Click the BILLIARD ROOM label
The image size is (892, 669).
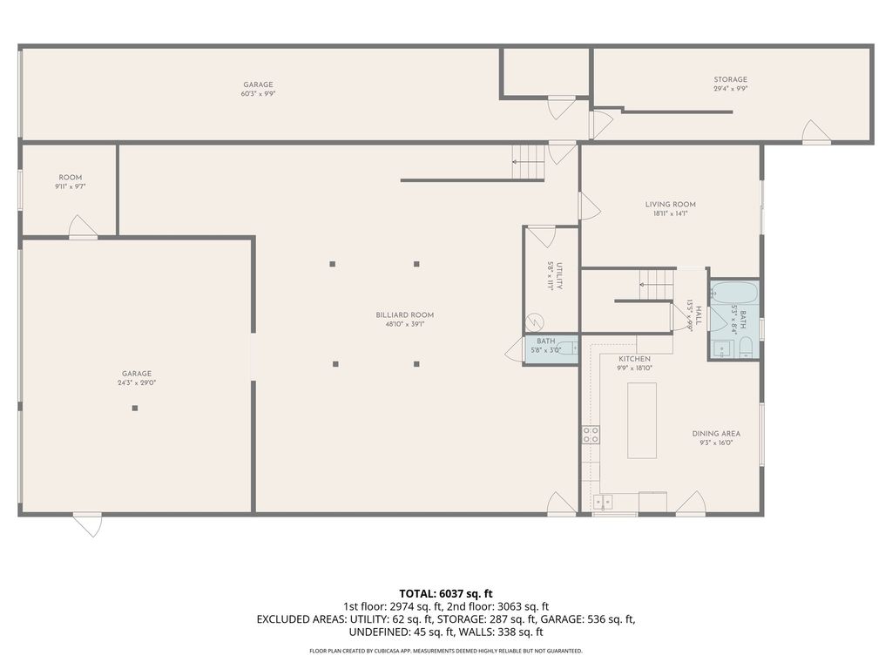coord(404,315)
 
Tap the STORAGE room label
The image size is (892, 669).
coord(730,79)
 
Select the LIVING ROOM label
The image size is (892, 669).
coord(670,205)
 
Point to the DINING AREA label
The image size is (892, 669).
coord(716,434)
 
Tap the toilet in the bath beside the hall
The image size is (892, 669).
coord(747,351)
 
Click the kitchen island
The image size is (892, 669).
coord(643,419)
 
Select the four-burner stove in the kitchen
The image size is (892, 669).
coord(591,435)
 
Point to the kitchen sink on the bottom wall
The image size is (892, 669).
coord(603,502)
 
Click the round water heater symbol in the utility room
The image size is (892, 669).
coord(537,321)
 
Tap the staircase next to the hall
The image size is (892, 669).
coord(657,285)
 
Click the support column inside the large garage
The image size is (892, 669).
coord(135,408)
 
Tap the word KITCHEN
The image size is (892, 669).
coord(635,359)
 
